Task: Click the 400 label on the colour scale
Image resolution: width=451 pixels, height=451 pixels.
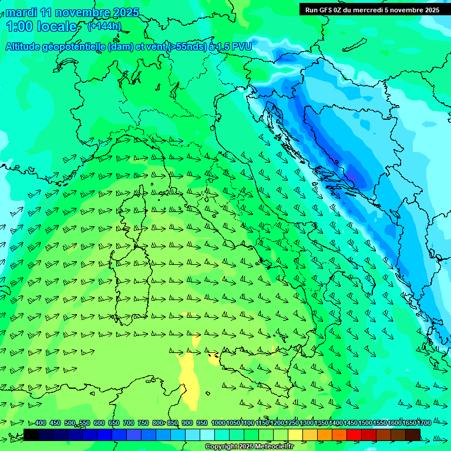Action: tap(41, 423)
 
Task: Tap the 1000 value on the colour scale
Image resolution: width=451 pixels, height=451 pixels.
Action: tap(218, 423)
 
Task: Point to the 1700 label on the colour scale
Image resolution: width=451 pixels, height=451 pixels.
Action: tap(408, 423)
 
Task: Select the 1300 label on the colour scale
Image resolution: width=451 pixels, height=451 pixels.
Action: tap(307, 423)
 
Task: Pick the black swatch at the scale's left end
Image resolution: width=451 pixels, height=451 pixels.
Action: tap(31, 435)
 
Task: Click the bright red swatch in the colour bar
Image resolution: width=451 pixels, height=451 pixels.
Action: tap(354, 435)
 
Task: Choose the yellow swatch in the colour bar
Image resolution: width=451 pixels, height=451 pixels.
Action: tap(295, 435)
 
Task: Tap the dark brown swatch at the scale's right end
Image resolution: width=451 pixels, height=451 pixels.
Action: tap(413, 435)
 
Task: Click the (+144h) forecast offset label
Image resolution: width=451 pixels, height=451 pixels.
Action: tap(104, 26)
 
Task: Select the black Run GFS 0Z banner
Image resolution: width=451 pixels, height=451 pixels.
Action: tap(372, 9)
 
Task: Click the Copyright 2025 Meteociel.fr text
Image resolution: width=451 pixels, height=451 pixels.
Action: tap(249, 446)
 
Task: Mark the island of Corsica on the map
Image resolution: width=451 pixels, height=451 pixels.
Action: tap(140, 203)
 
